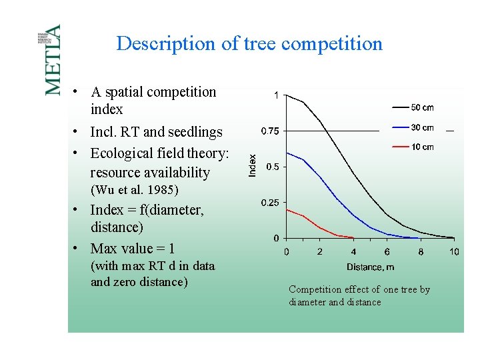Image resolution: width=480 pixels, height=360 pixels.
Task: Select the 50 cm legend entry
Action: point(413,107)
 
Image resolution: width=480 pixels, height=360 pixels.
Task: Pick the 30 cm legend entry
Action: point(413,127)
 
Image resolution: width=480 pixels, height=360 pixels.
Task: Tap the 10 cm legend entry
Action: point(413,147)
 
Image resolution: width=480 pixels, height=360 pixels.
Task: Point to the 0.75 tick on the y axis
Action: point(269,131)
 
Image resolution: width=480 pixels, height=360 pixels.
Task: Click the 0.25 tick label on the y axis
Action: point(269,202)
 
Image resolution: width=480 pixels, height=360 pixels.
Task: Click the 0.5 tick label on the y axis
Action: point(273,167)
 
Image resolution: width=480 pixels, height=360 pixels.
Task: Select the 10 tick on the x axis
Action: point(454,252)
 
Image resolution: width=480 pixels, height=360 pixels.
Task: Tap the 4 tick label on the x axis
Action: point(353,252)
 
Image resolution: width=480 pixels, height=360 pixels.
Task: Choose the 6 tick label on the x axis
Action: point(387,252)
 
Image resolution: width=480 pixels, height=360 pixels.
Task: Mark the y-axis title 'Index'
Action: point(252,166)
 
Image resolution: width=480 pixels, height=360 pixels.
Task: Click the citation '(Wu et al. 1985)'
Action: point(134,190)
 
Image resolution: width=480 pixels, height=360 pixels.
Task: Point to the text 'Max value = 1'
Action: point(133,249)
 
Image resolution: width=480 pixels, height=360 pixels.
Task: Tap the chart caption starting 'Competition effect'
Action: point(359,295)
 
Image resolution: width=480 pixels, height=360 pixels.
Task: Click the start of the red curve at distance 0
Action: point(287,209)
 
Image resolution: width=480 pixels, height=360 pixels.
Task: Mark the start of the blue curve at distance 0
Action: point(287,153)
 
